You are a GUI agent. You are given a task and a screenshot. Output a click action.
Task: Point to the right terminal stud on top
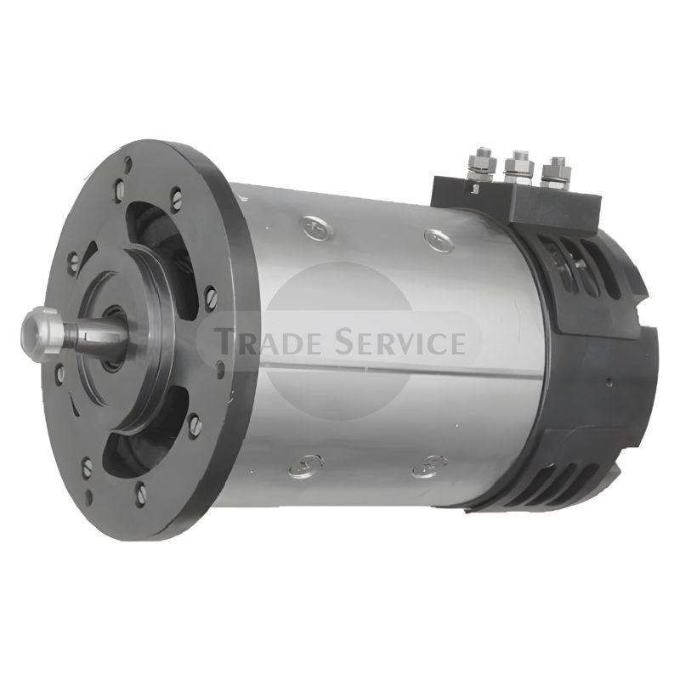(556, 173)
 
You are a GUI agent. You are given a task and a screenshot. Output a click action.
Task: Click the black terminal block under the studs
(516, 205)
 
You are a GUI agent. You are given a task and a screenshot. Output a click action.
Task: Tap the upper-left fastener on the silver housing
(315, 227)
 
